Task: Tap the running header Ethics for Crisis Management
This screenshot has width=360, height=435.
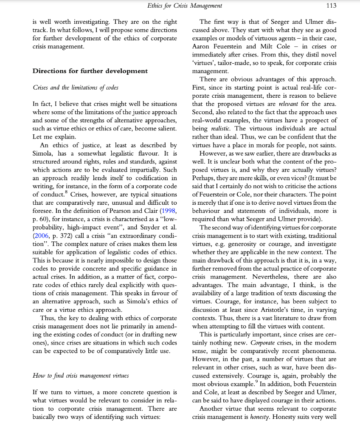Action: coord(185,6)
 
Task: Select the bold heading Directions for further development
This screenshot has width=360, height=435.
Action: coord(90,71)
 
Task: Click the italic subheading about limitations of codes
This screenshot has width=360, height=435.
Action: coord(76,88)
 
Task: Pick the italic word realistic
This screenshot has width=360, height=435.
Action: coord(223,128)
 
